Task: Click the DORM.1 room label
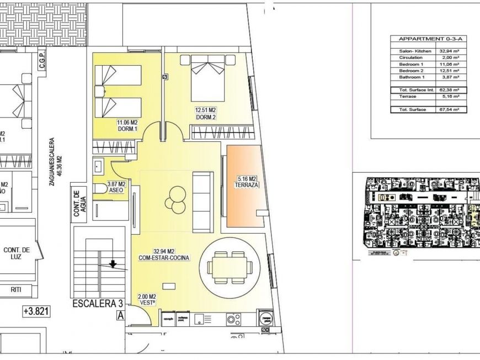(126, 129)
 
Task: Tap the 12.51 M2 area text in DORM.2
(205, 110)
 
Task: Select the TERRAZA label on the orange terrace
(246, 185)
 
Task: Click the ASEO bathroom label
(116, 191)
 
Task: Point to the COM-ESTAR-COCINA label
(165, 258)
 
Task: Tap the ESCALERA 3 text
(97, 304)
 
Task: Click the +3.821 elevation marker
(36, 311)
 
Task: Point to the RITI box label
(16, 289)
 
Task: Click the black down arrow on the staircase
(113, 264)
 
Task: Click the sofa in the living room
(202, 202)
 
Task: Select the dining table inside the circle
(227, 266)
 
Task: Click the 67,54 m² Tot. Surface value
(452, 110)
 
